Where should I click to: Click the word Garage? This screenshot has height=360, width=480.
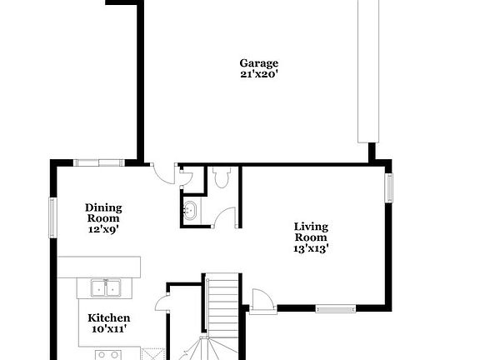click(x=258, y=63)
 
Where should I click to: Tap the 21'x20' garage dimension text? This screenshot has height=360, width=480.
click(x=258, y=74)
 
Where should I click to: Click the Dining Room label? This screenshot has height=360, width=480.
click(x=104, y=212)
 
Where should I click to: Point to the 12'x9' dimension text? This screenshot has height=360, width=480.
click(x=104, y=229)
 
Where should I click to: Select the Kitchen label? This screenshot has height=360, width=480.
click(x=109, y=317)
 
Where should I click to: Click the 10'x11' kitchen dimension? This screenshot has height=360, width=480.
click(x=109, y=329)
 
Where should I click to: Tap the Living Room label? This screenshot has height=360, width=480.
click(x=311, y=231)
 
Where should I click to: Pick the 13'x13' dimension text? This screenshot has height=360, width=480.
click(x=311, y=247)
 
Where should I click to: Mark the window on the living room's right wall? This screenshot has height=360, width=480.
click(x=387, y=187)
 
